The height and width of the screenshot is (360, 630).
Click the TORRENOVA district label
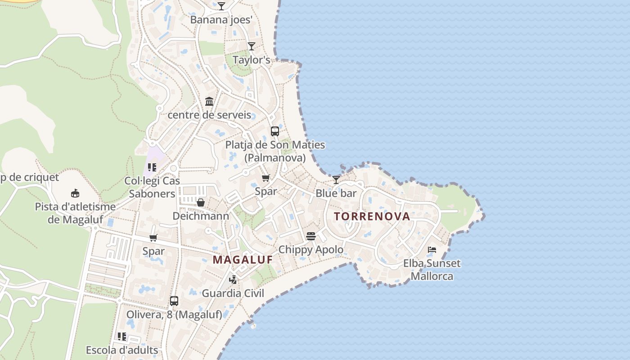372,216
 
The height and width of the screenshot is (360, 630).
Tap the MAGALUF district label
243,260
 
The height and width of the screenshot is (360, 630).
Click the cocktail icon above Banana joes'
221,6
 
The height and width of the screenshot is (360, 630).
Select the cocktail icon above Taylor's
252,46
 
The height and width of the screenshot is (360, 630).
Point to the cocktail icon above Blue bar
336,180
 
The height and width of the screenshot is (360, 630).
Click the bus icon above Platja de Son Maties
274,131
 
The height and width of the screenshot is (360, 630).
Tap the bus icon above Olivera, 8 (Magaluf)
174,301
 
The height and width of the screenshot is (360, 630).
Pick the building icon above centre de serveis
209,102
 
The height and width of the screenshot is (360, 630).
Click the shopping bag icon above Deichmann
201,203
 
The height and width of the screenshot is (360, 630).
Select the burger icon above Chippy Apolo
310,236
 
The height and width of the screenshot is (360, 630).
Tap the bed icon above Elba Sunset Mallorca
432,250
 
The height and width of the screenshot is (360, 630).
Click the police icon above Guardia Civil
233,280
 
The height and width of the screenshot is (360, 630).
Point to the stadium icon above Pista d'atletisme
75,193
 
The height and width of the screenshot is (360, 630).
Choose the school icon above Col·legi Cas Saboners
152,167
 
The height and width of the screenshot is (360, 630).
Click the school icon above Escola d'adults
121,337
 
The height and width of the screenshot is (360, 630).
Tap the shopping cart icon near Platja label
266,178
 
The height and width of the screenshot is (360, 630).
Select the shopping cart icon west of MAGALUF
153,238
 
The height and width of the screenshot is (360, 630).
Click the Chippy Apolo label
310,250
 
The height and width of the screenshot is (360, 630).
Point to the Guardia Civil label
233,293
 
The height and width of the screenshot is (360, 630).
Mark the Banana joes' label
221,20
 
